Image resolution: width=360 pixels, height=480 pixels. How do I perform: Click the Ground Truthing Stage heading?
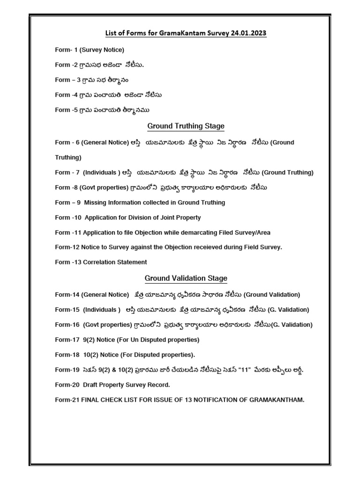pos(186,126)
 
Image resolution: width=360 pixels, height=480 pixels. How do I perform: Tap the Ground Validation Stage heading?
pos(186,278)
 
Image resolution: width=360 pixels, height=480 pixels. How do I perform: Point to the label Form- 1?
pos(65,49)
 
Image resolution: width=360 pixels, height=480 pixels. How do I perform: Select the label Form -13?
pos(67,262)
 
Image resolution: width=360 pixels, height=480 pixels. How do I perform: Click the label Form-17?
pos(67,339)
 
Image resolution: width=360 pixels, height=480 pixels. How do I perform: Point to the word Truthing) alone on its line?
pos(68,157)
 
